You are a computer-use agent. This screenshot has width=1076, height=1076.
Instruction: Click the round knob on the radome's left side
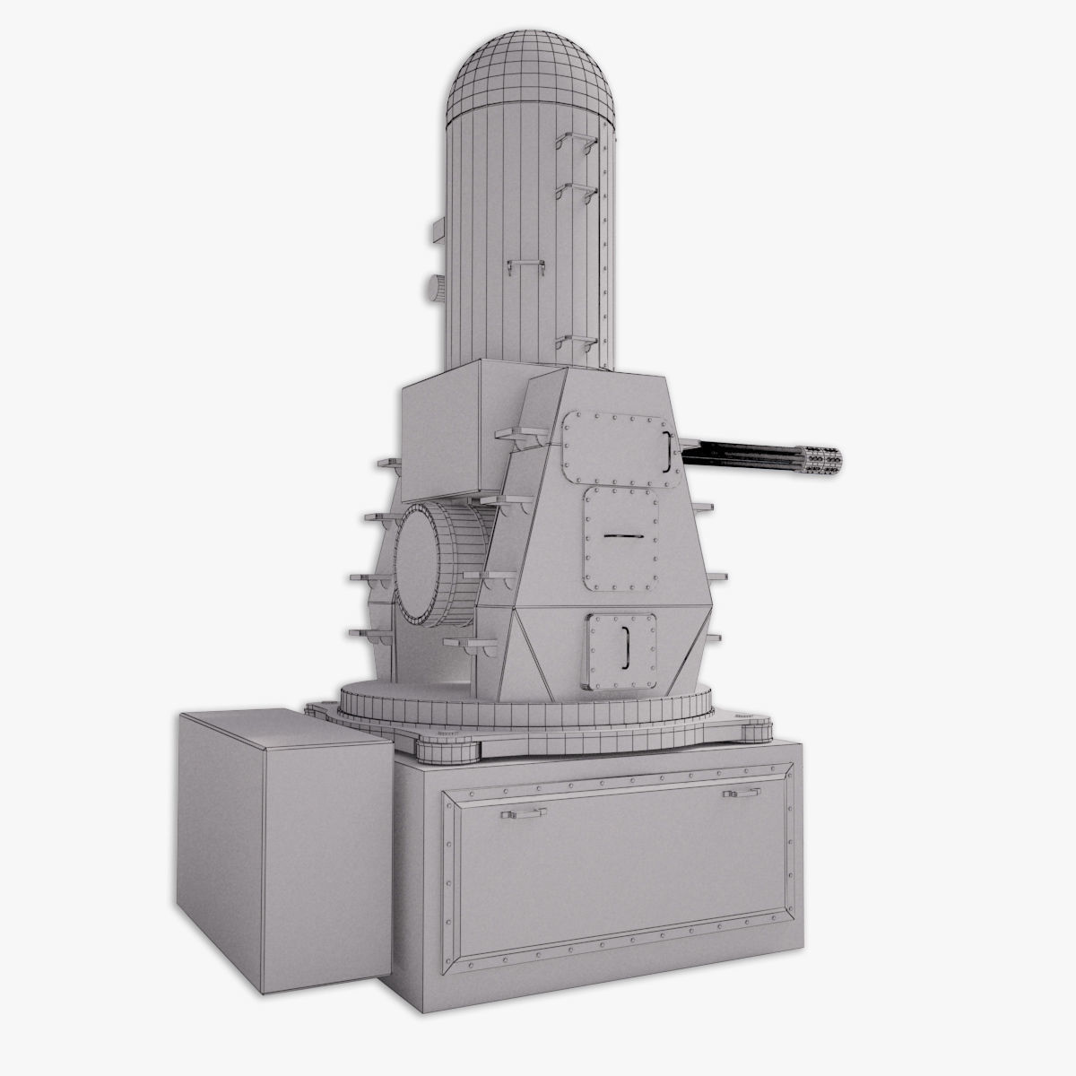434,287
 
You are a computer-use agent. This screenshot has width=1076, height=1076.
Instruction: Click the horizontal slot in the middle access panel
620,535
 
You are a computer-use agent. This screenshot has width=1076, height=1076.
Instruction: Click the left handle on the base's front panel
524,813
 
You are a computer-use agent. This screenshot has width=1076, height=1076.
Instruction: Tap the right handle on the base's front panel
742,793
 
